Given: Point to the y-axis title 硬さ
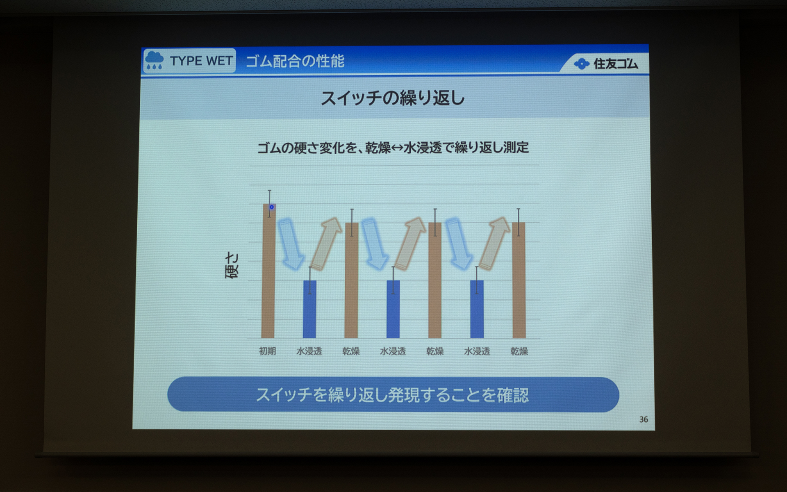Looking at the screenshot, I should [x=232, y=265].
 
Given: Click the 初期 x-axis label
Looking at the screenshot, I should [x=267, y=351].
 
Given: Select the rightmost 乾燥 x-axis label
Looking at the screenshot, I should [x=519, y=351].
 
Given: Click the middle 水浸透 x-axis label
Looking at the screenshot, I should [x=393, y=351].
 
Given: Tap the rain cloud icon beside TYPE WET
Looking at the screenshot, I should [x=154, y=61].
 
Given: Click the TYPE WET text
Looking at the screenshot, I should [x=201, y=61].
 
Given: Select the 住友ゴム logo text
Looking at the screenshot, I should [x=615, y=64].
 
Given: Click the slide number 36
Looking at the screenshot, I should [x=643, y=419].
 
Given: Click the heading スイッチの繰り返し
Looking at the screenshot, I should [x=392, y=98].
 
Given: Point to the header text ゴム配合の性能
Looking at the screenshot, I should [x=295, y=61].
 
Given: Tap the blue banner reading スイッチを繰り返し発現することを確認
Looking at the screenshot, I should [x=393, y=394].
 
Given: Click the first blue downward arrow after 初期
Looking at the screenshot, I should [x=290, y=244].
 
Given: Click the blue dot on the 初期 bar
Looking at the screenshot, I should [x=271, y=207].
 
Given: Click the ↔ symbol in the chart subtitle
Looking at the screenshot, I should [x=397, y=148].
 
